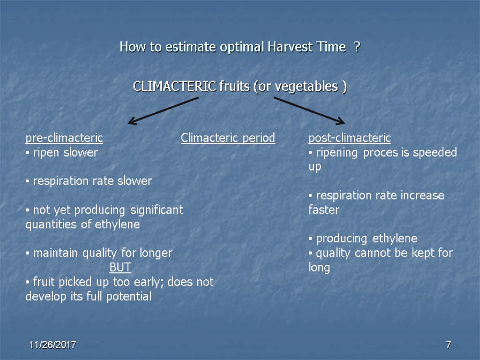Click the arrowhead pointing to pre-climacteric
pos(133,122)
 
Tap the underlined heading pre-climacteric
pos(64,138)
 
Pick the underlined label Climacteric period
pos(228,138)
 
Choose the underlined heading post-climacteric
pos(349,138)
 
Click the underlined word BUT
pos(120,268)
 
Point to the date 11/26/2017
pos(53,345)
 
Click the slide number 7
pos(448,345)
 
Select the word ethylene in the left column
pos(117,225)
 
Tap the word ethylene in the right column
pos(395,239)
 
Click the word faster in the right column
pos(323,210)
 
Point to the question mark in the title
pos(357,47)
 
